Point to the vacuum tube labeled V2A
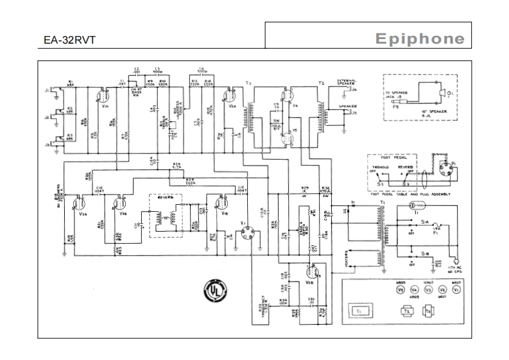pos(226,97)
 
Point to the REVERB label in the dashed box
pos(163,199)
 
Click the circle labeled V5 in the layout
pos(401,290)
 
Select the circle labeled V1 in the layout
pos(456,290)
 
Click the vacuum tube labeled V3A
pos(78,203)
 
